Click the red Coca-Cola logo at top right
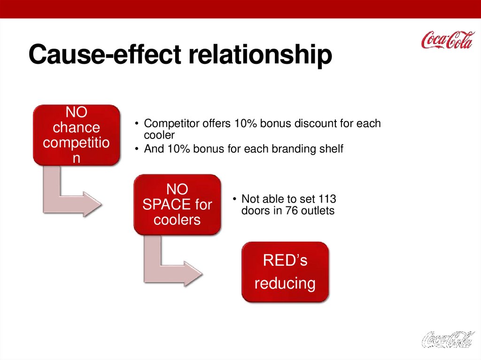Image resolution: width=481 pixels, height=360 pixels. (x=448, y=40)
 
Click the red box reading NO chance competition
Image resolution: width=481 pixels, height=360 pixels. (x=77, y=135)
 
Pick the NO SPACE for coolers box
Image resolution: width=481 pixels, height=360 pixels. (x=177, y=205)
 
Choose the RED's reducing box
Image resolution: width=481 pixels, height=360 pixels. (x=285, y=272)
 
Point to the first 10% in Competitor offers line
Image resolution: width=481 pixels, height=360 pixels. (x=245, y=123)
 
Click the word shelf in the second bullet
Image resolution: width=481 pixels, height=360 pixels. (x=331, y=149)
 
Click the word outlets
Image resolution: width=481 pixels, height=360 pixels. (x=318, y=211)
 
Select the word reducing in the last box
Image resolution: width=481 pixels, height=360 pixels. (x=285, y=283)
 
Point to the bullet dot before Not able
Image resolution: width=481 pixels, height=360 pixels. (x=234, y=199)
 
